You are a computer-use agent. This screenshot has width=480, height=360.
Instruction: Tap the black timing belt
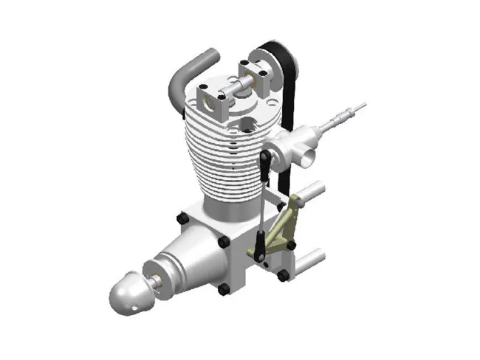(289, 96)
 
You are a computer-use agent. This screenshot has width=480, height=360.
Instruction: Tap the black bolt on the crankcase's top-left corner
(181, 219)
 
